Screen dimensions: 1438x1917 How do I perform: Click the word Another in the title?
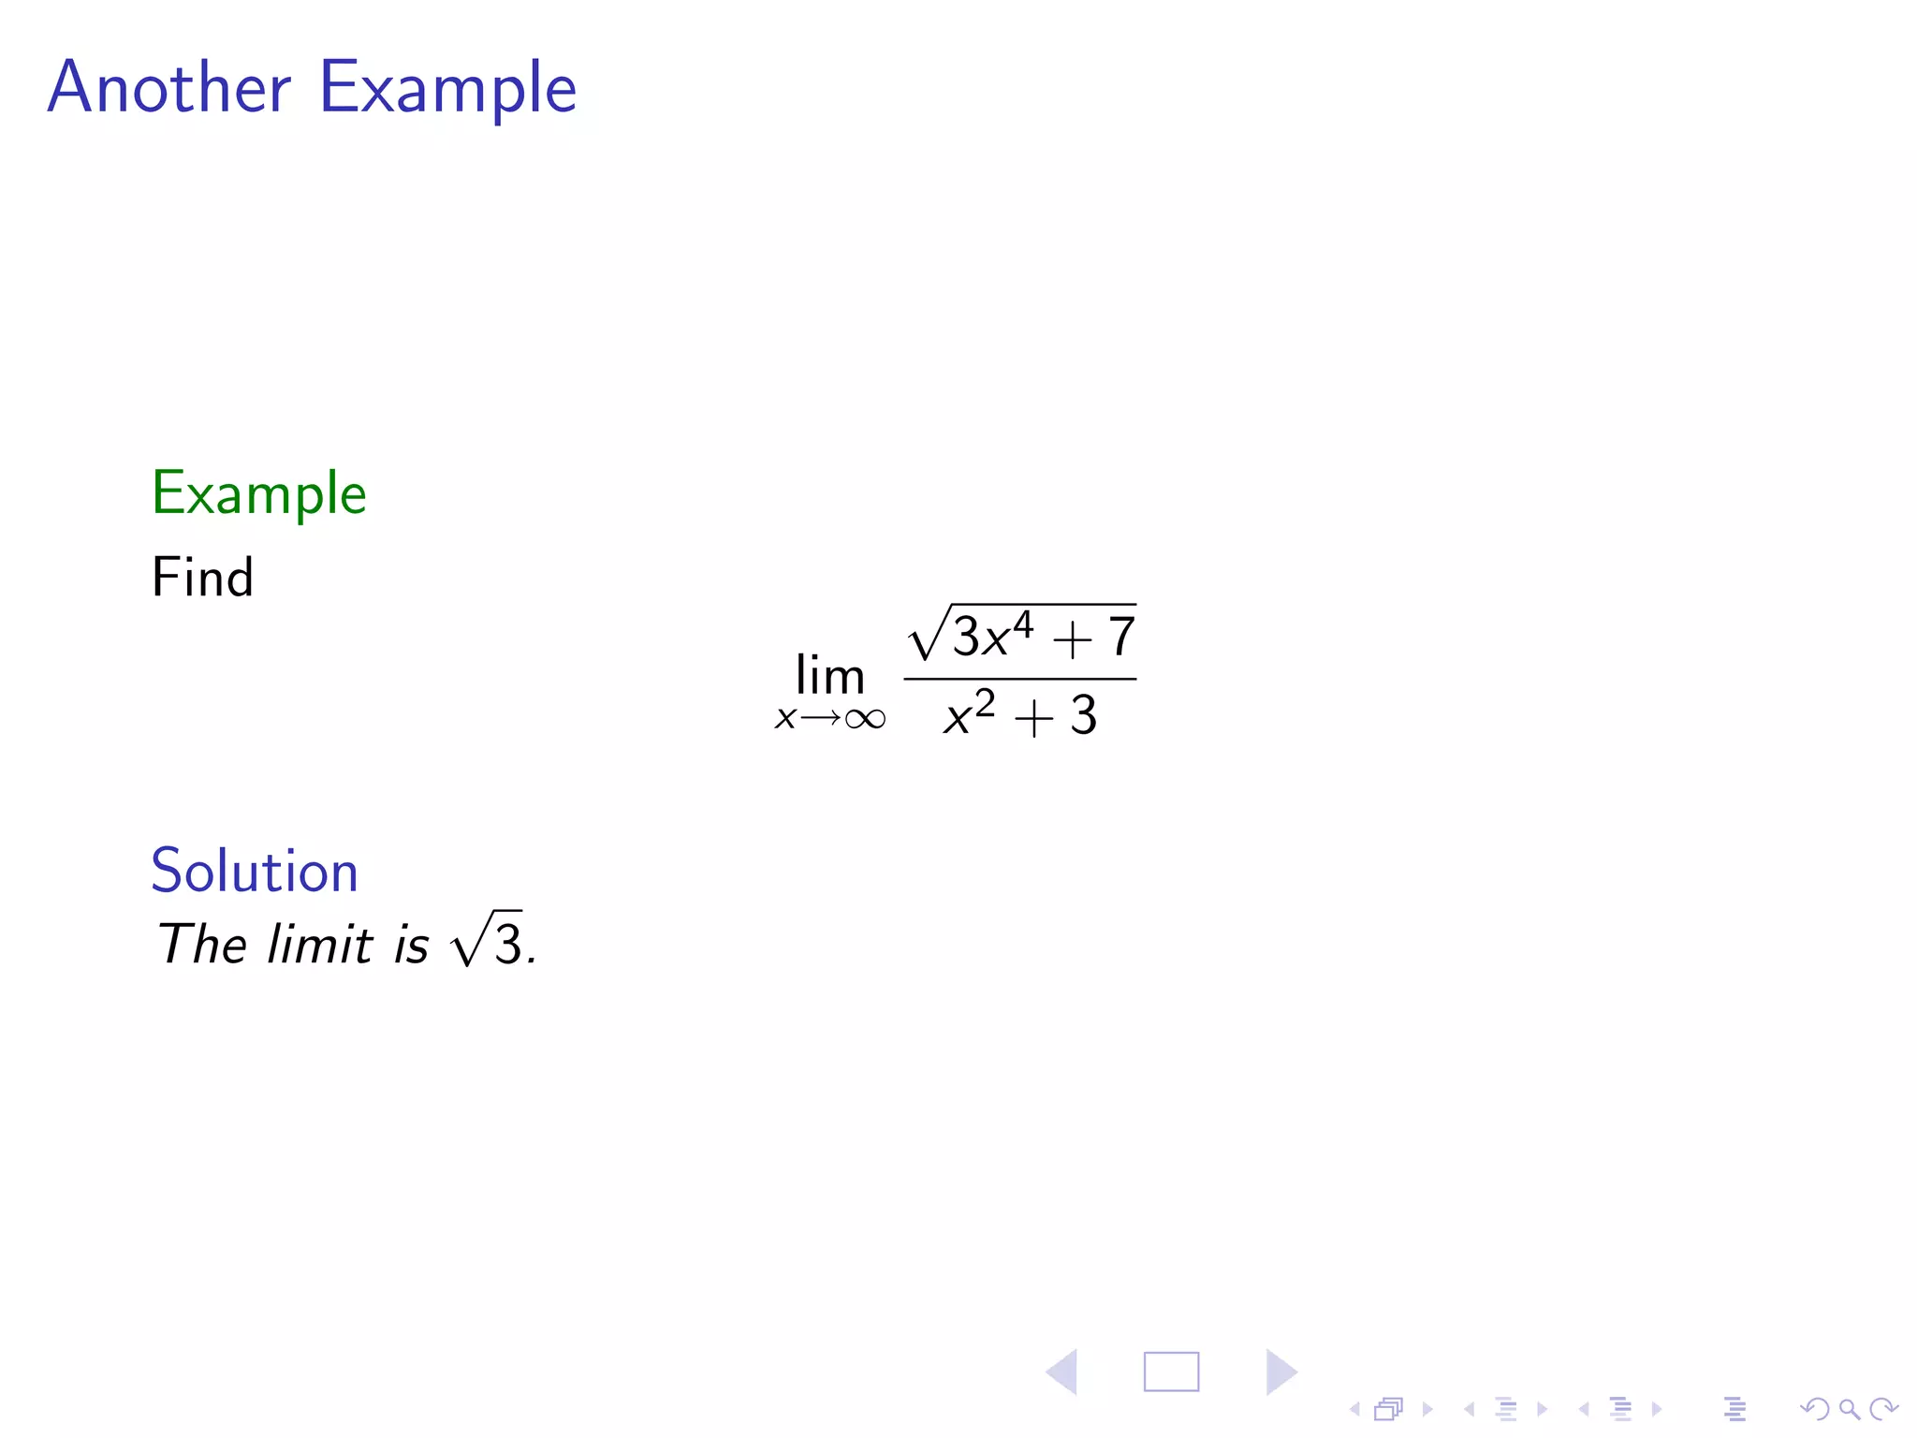pyautogui.click(x=169, y=87)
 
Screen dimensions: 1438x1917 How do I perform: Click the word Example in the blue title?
pyautogui.click(x=447, y=89)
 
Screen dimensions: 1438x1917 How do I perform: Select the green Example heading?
pyautogui.click(x=259, y=494)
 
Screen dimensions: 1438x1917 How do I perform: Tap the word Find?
pyautogui.click(x=202, y=577)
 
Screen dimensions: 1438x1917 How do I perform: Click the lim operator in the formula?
pyautogui.click(x=829, y=675)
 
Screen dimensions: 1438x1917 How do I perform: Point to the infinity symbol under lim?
pyautogui.click(x=864, y=719)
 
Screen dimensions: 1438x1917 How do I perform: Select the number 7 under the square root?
pyautogui.click(x=1121, y=638)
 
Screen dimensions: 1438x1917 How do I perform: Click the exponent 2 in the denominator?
pyautogui.click(x=984, y=702)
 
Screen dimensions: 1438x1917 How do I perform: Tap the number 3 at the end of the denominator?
pyautogui.click(x=1083, y=716)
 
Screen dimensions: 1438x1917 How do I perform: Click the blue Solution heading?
pyautogui.click(x=255, y=871)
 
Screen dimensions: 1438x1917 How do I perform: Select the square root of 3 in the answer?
pyautogui.click(x=487, y=940)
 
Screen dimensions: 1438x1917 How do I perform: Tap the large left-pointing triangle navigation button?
pyautogui.click(x=1062, y=1372)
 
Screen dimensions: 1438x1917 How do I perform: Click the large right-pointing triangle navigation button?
pyautogui.click(x=1280, y=1372)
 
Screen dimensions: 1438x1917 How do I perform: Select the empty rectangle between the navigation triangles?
pyautogui.click(x=1171, y=1372)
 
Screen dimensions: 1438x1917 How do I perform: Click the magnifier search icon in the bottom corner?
pyautogui.click(x=1849, y=1409)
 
